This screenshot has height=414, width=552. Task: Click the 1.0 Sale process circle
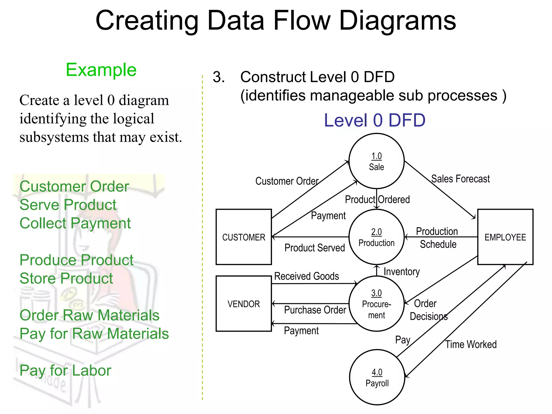[376, 161]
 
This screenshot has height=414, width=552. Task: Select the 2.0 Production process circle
[376, 237]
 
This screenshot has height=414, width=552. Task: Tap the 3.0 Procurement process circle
[376, 304]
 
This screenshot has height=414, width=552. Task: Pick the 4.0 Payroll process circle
[377, 377]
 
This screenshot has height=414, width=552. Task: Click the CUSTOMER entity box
[244, 237]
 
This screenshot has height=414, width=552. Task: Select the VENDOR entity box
[244, 304]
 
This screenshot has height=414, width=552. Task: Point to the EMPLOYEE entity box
[505, 237]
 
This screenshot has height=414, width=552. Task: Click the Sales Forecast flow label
[460, 179]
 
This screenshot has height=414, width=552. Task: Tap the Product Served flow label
[315, 248]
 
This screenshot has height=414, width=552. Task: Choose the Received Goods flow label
[306, 276]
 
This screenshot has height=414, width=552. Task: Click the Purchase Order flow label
[315, 310]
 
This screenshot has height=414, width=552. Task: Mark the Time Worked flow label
[471, 344]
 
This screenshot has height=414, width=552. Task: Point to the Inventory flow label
[402, 272]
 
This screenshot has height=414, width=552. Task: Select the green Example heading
[101, 70]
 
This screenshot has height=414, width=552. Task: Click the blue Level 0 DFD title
[375, 120]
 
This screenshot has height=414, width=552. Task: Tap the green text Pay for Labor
[65, 371]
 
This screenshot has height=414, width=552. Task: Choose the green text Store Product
[66, 278]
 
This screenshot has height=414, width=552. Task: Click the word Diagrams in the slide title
[397, 21]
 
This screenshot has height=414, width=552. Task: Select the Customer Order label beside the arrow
[287, 181]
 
